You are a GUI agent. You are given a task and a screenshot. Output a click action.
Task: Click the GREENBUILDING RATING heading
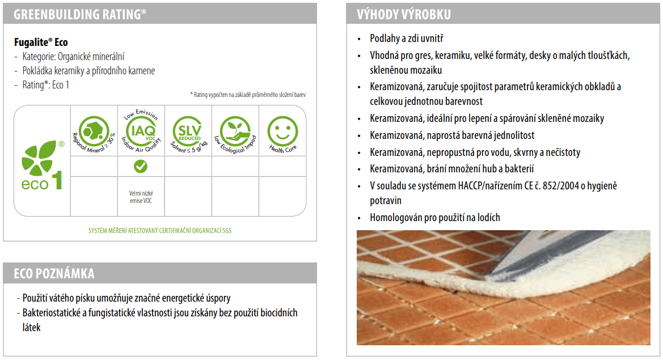79,14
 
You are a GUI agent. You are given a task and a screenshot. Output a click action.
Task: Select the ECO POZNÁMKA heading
54,274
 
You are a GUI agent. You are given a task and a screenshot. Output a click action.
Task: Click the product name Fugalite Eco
41,43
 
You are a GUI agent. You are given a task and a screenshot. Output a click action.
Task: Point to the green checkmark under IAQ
141,166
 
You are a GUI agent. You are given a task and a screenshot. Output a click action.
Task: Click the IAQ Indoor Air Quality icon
141,130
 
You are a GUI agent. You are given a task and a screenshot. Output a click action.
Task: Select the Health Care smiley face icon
282,130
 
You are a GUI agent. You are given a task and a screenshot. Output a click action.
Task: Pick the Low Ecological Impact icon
234,130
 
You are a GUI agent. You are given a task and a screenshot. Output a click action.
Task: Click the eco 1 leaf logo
41,164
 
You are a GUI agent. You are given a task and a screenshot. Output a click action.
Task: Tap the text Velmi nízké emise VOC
141,197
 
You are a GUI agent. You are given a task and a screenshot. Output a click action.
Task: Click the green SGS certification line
159,231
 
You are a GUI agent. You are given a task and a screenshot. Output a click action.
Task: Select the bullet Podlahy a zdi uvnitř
406,39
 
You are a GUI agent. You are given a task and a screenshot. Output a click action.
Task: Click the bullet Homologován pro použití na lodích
435,217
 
